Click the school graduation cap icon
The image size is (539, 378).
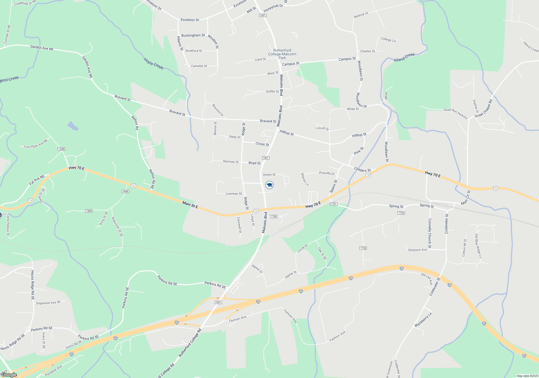(269, 185)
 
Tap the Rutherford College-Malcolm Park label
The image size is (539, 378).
(282, 54)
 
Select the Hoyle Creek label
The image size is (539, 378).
(153, 64)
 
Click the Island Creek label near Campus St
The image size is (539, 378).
(404, 57)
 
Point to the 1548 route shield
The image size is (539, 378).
(61, 149)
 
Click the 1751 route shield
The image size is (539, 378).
(334, 204)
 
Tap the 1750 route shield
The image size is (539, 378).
(274, 217)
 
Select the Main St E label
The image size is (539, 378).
(190, 205)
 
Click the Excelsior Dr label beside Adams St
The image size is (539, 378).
(190, 20)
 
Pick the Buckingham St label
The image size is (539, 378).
(193, 35)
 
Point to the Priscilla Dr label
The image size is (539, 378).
(327, 173)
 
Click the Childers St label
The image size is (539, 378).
(362, 170)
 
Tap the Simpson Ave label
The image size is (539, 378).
(417, 250)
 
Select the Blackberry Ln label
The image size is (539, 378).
(423, 320)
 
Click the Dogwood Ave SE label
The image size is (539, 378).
(49, 303)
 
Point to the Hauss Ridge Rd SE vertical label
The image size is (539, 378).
(33, 285)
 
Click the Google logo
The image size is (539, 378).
(9, 375)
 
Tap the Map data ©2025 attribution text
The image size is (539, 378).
(527, 376)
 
